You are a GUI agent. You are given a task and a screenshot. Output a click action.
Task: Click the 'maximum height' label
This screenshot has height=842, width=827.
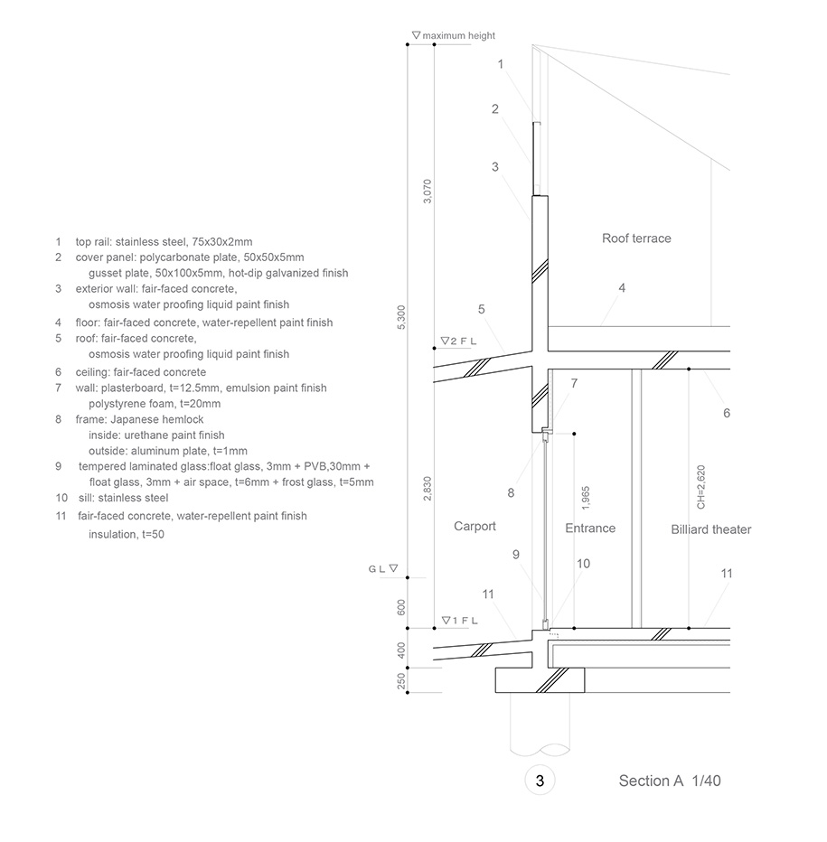[x=458, y=35]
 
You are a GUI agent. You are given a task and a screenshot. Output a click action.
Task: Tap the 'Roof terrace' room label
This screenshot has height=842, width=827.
[x=636, y=239]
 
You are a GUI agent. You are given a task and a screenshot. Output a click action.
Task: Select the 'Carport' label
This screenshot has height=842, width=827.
[x=475, y=526]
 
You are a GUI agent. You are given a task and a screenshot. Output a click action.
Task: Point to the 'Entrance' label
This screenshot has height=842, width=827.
[x=589, y=529]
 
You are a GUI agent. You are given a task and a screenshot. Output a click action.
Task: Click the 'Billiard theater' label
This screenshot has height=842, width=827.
[x=710, y=529]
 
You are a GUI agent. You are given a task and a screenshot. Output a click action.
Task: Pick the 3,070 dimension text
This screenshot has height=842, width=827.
[x=428, y=192]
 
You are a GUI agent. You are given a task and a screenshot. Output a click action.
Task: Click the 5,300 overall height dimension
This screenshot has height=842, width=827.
[x=401, y=317]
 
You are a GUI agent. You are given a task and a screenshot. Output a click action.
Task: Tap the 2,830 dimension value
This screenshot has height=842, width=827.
[x=428, y=489]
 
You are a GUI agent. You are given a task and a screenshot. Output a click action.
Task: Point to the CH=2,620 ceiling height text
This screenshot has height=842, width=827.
[x=700, y=489]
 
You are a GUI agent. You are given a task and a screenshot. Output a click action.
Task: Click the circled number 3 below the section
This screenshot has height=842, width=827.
[x=540, y=781]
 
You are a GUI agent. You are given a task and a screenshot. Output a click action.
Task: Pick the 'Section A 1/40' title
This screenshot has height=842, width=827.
[x=669, y=781]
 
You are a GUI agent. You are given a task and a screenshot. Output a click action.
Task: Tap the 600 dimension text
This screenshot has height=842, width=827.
[x=401, y=606]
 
